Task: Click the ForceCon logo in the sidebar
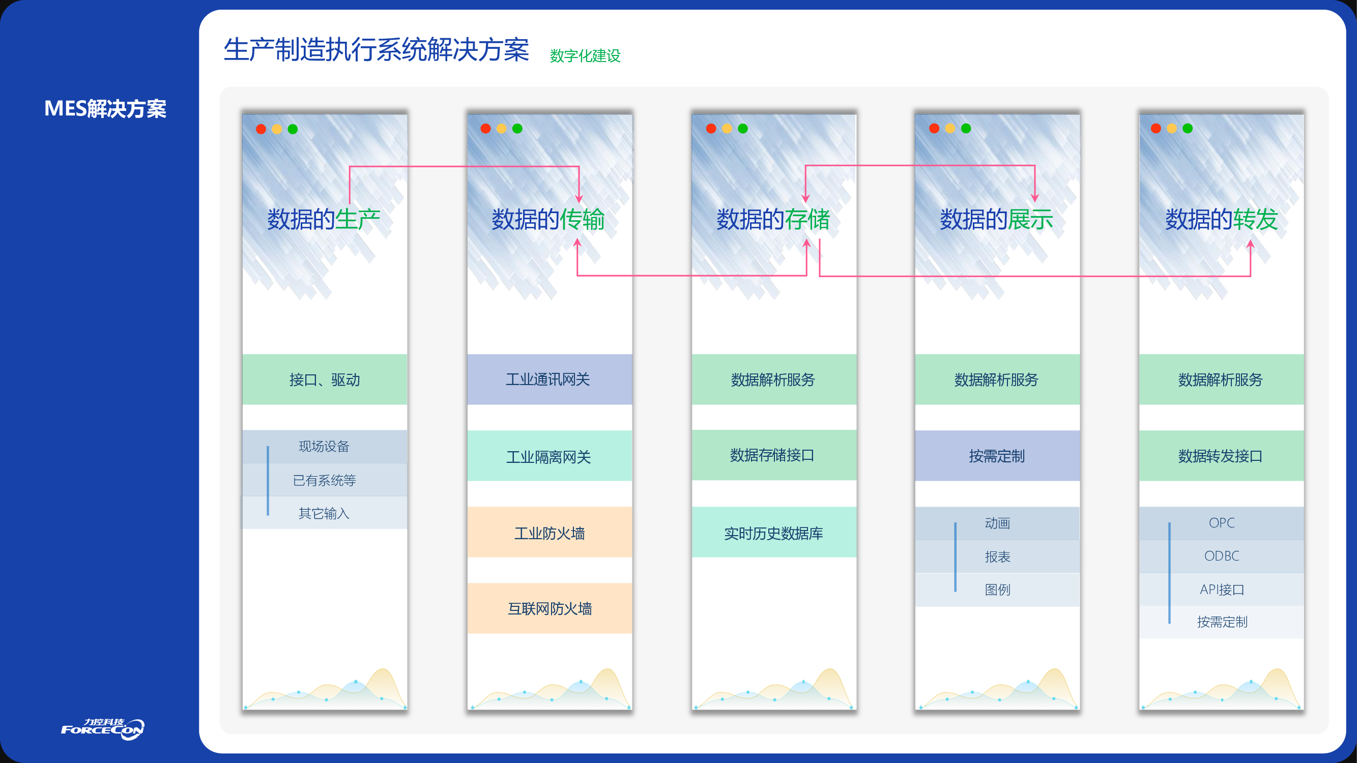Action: point(103,729)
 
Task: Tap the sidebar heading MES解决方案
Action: point(105,108)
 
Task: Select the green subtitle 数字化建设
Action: point(585,56)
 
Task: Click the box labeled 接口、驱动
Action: point(325,379)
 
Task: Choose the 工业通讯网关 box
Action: point(550,379)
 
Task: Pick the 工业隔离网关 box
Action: point(550,456)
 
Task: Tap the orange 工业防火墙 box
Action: point(550,533)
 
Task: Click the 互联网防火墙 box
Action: point(550,608)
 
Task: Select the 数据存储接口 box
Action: point(774,455)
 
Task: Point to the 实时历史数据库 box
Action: point(774,533)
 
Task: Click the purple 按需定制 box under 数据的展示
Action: point(997,456)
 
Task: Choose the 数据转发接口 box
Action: point(1221,456)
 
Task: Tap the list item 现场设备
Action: point(324,447)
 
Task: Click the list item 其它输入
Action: point(324,513)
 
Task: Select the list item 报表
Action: point(997,556)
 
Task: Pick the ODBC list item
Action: point(1222,555)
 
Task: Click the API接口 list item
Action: point(1222,589)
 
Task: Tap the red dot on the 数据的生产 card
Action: point(261,129)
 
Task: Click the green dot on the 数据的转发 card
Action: point(1188,129)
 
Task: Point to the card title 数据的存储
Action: point(773,219)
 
